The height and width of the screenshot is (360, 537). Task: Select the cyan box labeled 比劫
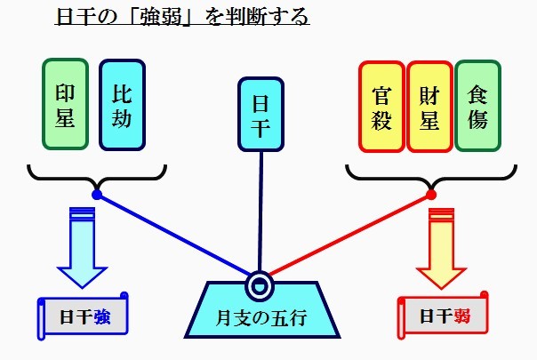click(x=123, y=105)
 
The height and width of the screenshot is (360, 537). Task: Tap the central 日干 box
click(x=260, y=115)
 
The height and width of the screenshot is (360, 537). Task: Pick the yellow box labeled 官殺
click(x=381, y=107)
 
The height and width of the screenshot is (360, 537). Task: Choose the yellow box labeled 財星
click(x=429, y=107)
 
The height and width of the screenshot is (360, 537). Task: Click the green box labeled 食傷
click(x=478, y=107)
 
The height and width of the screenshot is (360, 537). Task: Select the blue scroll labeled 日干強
click(x=82, y=316)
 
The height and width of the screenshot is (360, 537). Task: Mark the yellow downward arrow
click(x=442, y=249)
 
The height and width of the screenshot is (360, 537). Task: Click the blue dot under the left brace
click(x=97, y=195)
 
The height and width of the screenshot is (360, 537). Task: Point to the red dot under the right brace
click(x=431, y=195)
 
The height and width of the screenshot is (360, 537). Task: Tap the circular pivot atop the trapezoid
click(x=260, y=284)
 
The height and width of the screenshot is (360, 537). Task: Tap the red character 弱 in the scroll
click(x=461, y=316)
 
